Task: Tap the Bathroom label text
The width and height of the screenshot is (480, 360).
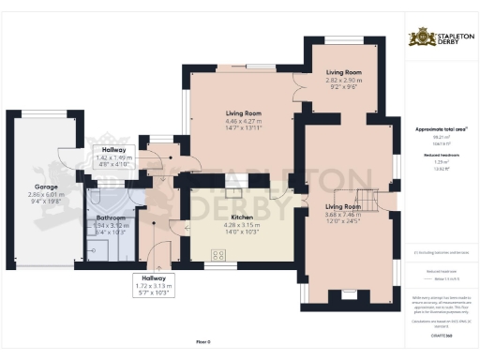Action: point(111,219)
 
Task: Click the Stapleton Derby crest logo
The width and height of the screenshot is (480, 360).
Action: point(416,38)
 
